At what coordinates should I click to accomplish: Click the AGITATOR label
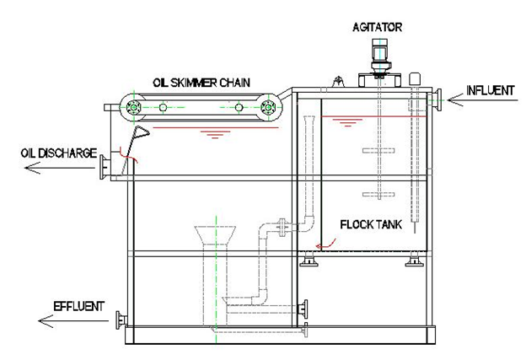coord(377,27)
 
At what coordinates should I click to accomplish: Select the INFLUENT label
coord(490,90)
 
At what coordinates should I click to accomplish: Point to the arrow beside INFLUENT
coord(482,100)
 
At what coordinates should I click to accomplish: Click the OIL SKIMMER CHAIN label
coord(201,83)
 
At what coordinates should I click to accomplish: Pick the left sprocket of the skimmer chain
coord(133,108)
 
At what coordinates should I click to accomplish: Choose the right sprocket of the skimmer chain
coord(268,107)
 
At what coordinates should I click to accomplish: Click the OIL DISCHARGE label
coord(59,153)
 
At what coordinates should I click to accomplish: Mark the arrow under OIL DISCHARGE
coord(61,168)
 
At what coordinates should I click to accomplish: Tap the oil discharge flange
coord(105,168)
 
